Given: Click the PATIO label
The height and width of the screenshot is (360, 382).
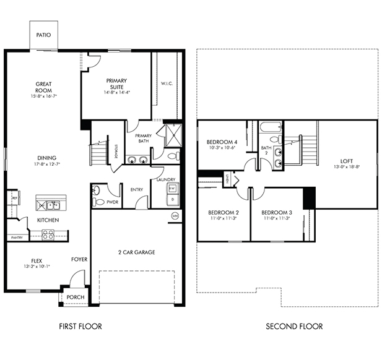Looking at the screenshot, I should pyautogui.click(x=43, y=35).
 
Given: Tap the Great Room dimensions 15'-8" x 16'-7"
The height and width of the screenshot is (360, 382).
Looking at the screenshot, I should pyautogui.click(x=43, y=96).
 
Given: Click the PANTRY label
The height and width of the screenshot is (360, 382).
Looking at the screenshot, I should pyautogui.click(x=16, y=238).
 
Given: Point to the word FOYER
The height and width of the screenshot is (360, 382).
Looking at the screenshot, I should pyautogui.click(x=79, y=259).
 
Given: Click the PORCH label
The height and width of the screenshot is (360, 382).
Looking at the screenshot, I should pyautogui.click(x=76, y=297).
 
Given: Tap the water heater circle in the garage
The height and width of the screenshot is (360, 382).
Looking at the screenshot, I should pyautogui.click(x=175, y=215).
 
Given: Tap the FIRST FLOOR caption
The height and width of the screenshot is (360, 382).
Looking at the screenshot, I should pyautogui.click(x=80, y=326).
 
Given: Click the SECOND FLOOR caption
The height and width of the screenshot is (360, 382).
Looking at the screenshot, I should pyautogui.click(x=294, y=326).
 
